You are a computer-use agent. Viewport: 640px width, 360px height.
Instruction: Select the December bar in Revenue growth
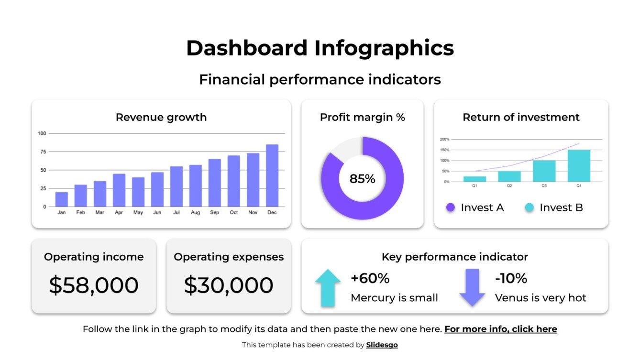tap(272, 175)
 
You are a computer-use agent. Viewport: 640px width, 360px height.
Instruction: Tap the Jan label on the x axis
tap(62, 212)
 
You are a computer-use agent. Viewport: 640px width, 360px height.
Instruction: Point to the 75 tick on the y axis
tap(43, 152)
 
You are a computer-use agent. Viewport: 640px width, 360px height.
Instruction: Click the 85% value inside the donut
tap(362, 179)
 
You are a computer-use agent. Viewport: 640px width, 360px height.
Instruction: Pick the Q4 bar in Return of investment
tap(579, 165)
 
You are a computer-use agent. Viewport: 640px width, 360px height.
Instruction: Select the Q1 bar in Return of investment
tap(474, 179)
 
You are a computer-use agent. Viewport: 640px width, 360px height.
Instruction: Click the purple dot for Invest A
tap(451, 207)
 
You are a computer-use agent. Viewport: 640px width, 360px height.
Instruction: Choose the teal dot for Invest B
tap(529, 207)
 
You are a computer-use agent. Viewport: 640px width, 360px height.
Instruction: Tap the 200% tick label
tap(444, 140)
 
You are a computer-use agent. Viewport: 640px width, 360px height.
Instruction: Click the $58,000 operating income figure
tap(94, 285)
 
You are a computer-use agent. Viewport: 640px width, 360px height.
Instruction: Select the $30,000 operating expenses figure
tap(229, 285)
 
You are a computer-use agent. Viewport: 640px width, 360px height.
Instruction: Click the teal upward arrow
tap(328, 288)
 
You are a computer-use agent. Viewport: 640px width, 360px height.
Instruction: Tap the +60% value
tap(370, 278)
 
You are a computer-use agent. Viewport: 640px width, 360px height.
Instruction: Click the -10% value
tap(511, 278)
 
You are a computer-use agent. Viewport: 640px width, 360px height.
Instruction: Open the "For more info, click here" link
tap(500, 329)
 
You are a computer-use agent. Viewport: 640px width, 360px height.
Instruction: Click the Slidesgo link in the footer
tap(382, 345)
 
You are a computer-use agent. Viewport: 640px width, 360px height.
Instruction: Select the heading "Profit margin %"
tap(362, 117)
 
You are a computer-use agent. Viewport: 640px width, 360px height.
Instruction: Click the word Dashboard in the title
tap(246, 48)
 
